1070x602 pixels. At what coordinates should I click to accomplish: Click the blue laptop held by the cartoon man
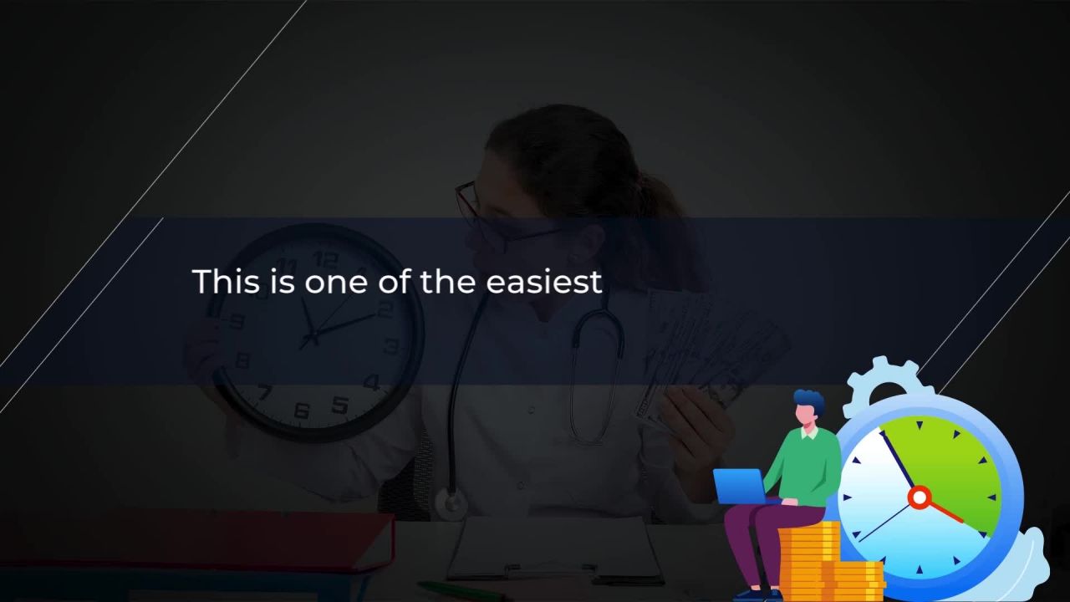[741, 486]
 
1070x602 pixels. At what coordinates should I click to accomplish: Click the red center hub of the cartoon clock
[919, 497]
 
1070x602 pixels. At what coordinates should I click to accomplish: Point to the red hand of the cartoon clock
[945, 512]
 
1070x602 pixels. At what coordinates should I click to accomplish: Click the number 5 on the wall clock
[339, 406]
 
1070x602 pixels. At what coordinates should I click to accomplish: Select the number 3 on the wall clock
[392, 346]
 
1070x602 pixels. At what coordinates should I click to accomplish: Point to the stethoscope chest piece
[451, 503]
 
